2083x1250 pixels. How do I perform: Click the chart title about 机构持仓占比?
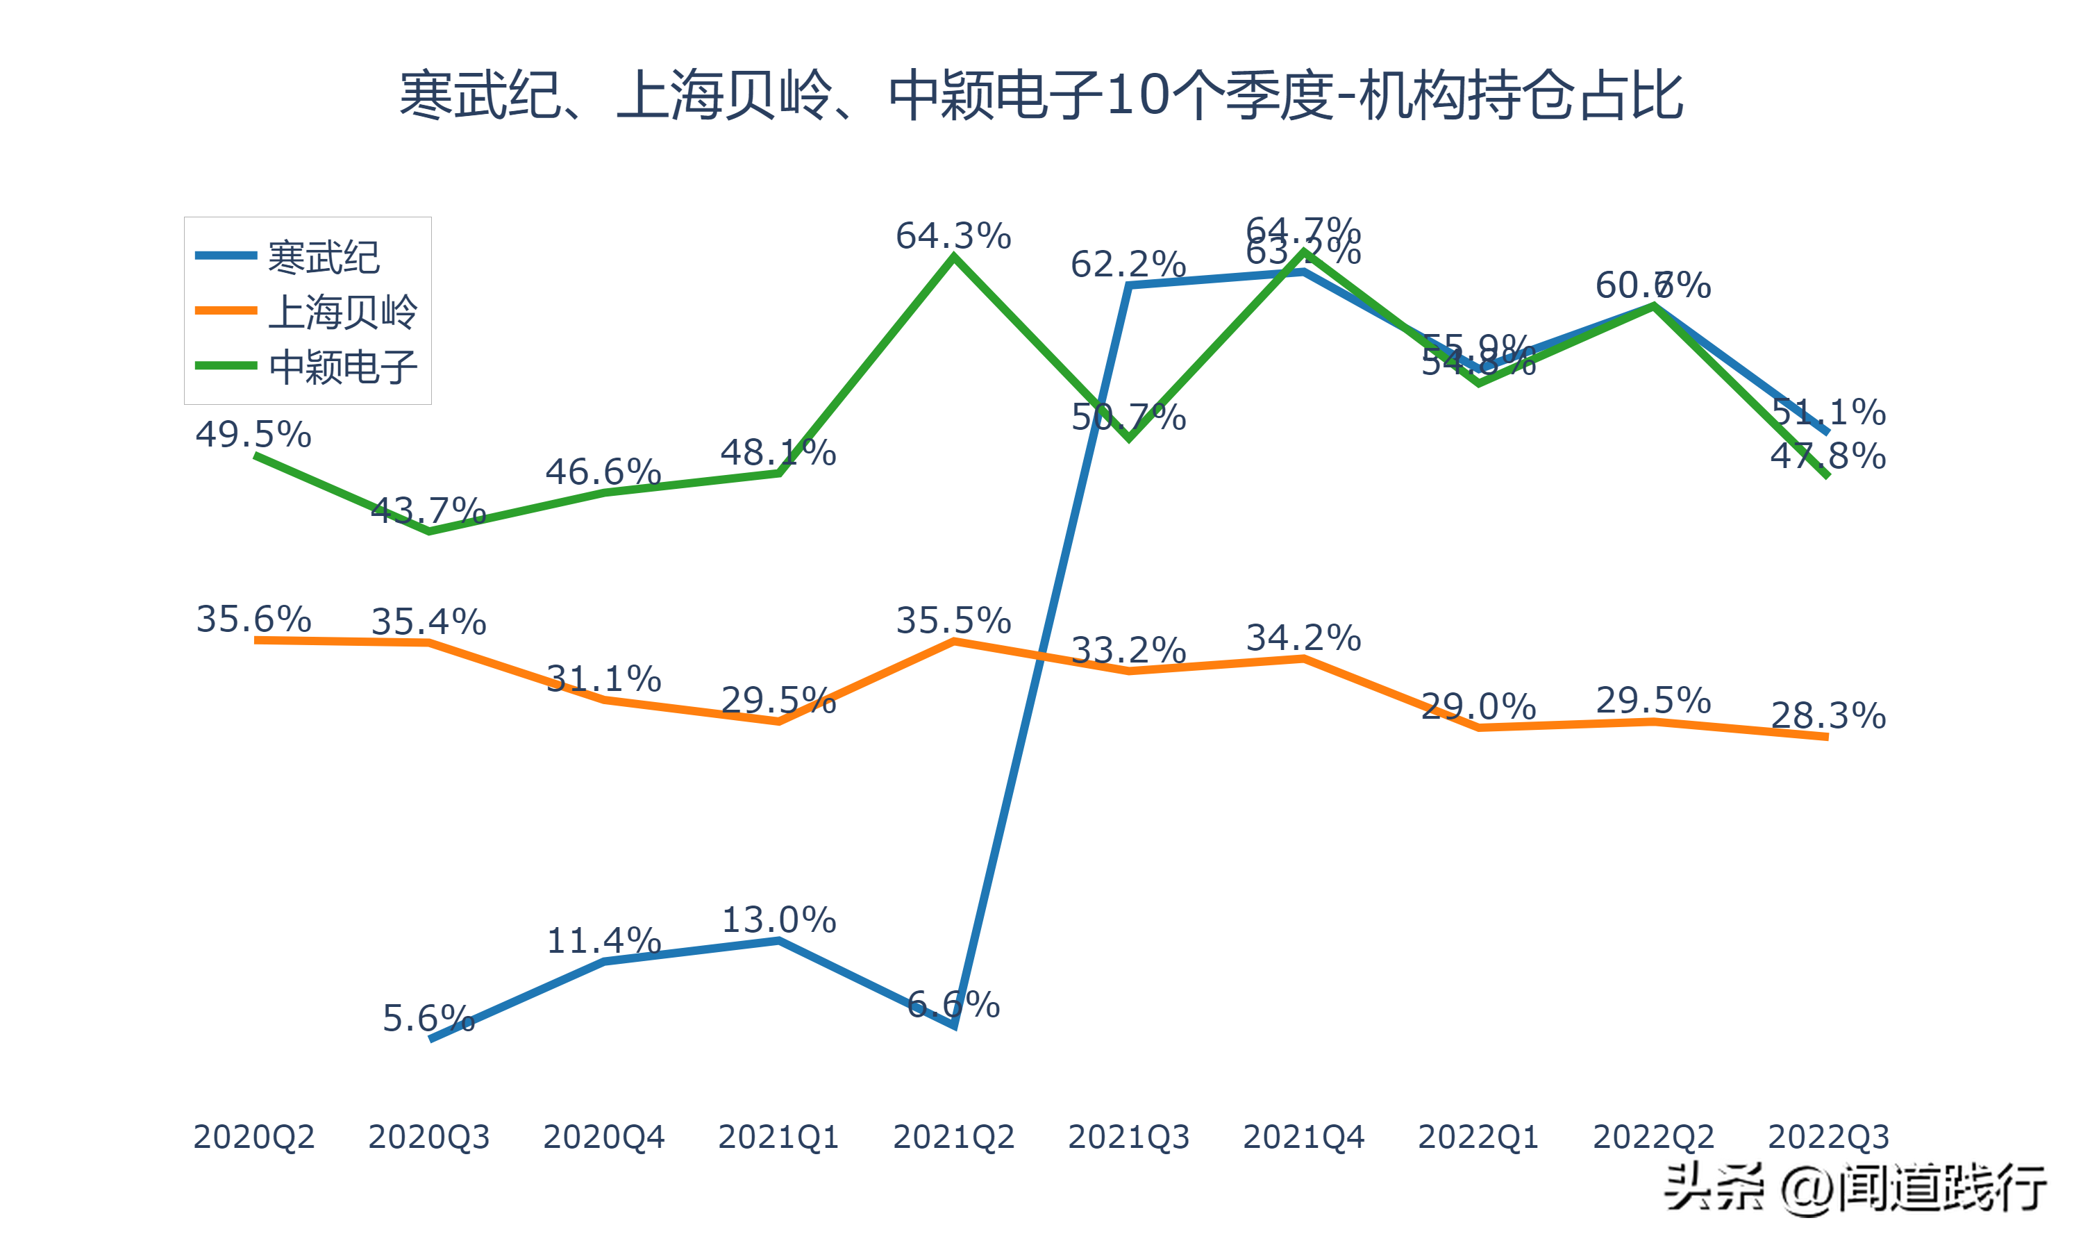[x=1041, y=95]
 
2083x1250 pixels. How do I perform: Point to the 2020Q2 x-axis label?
[x=253, y=1137]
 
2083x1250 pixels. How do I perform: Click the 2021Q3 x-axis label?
[x=1128, y=1137]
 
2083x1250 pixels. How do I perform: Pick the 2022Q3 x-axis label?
[x=1828, y=1137]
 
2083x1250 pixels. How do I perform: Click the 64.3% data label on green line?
[x=953, y=236]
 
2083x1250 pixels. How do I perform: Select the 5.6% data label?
[x=428, y=1018]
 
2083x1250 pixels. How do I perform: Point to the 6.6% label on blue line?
[x=953, y=1004]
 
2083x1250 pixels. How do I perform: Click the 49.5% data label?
[x=253, y=435]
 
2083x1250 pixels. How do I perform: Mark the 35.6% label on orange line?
[x=253, y=619]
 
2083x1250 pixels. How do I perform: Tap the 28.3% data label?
[x=1828, y=716]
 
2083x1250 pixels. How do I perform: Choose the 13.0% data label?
[x=779, y=920]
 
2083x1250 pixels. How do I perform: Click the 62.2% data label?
[x=1128, y=265]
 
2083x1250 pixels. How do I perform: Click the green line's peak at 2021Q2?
[x=953, y=257]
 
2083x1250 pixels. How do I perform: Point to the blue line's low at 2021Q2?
[x=953, y=1024]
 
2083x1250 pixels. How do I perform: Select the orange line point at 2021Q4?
[x=1303, y=659]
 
